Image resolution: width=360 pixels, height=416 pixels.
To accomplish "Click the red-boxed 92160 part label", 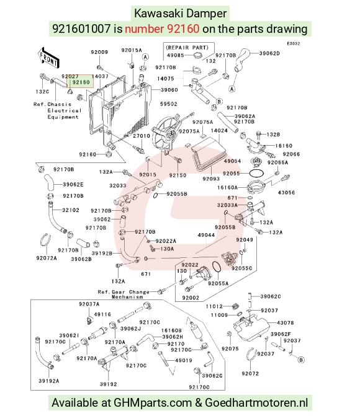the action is point(81,82).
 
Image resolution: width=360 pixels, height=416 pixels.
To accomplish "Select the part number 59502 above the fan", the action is point(168,104).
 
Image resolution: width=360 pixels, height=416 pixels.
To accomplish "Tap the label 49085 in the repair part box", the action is point(176,55).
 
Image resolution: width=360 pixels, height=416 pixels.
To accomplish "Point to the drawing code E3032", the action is point(294,43).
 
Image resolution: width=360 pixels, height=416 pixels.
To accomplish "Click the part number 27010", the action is point(142,136).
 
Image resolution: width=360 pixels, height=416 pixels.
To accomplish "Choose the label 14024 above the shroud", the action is point(219,131).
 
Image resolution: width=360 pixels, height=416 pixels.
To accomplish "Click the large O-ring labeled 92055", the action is point(256,174).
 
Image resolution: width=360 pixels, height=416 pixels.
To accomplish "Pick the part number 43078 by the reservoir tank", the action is point(286,323).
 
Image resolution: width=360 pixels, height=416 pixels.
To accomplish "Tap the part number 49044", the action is point(207,235).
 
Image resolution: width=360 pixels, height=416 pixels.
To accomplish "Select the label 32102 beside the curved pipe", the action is point(71,210).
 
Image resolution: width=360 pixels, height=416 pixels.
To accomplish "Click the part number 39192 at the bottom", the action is point(109,384).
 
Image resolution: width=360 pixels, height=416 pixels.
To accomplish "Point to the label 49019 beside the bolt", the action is point(184,360).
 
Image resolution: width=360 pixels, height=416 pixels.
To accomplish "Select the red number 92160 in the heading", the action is point(183,29).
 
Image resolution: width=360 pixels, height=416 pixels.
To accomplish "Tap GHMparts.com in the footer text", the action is point(153,402).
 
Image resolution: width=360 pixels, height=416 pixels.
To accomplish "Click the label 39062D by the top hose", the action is point(269,53).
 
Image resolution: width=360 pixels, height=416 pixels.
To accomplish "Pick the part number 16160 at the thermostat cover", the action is point(284,146).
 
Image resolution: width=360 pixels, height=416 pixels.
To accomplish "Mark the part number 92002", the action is point(191,298).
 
